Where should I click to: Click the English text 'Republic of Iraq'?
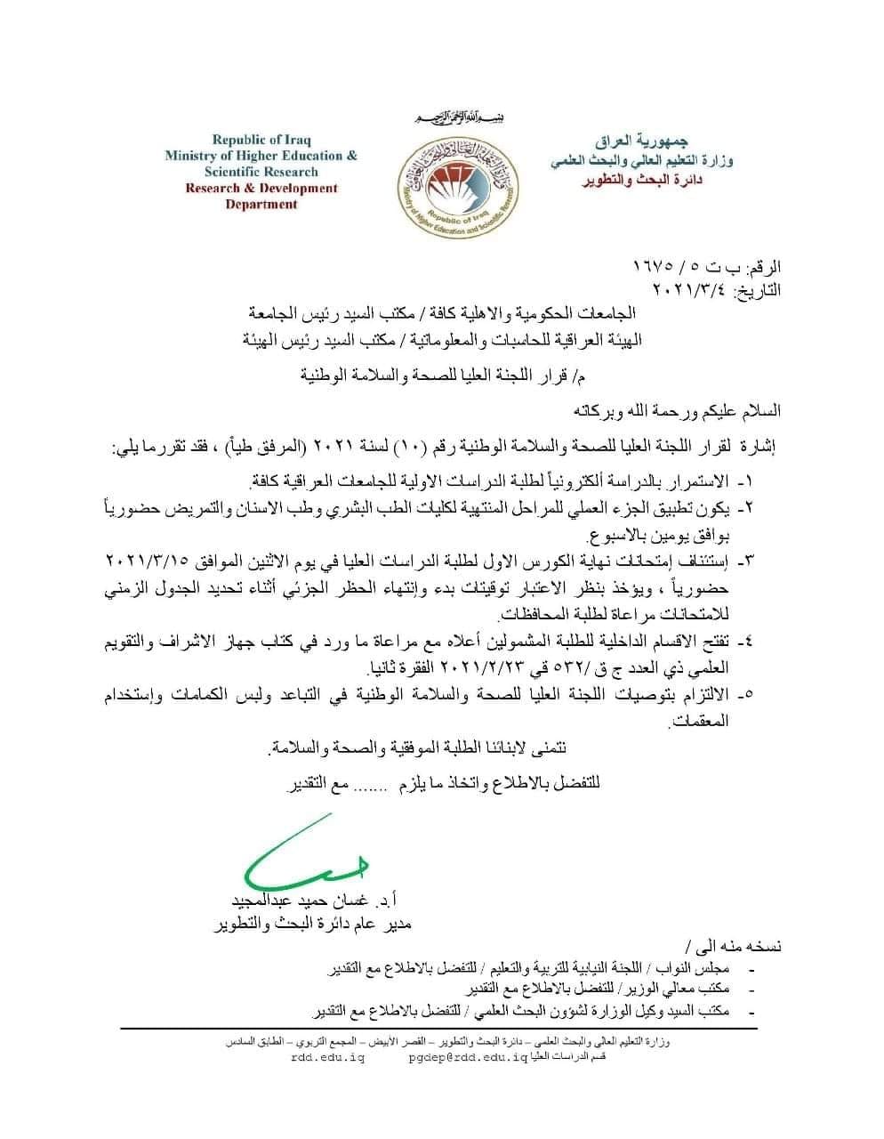(261, 139)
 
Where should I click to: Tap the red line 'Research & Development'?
(261, 188)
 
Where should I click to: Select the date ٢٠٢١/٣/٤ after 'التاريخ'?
(689, 289)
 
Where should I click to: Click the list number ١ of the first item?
(745, 481)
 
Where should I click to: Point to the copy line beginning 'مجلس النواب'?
(534, 968)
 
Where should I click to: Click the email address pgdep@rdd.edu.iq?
(468, 1058)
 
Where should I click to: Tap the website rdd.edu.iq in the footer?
(327, 1058)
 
